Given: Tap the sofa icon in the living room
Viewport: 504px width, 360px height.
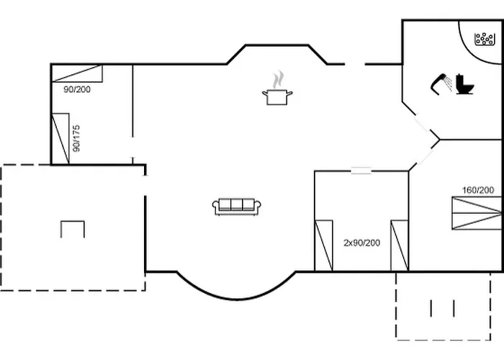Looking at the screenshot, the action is [x=237, y=207].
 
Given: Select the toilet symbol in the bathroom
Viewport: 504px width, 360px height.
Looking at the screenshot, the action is [x=465, y=84].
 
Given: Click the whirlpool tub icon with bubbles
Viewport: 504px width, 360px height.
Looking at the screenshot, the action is [x=485, y=39].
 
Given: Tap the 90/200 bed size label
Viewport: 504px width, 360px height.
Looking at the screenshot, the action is [x=77, y=89].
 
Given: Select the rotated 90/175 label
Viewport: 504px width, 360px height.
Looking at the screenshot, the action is [x=76, y=138].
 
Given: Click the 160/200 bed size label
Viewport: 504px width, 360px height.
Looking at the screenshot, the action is [x=478, y=190].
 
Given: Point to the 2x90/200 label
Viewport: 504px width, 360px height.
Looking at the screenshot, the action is [x=361, y=243].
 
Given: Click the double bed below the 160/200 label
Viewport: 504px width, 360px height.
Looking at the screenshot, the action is [x=477, y=213].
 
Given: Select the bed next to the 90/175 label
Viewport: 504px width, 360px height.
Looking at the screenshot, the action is [x=60, y=139].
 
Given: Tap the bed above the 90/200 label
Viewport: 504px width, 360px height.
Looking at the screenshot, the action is [x=77, y=73].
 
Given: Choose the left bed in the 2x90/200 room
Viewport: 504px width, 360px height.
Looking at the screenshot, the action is [x=324, y=246].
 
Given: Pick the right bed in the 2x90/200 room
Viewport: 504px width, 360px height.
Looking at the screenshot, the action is [x=400, y=246].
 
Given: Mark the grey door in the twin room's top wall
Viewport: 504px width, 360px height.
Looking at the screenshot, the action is [x=361, y=171].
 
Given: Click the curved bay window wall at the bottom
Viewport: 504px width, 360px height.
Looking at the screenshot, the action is [x=236, y=300].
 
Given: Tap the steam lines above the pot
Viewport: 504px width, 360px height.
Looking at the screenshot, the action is [x=279, y=80].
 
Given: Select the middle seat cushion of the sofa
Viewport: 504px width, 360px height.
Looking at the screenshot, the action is [x=237, y=204].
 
